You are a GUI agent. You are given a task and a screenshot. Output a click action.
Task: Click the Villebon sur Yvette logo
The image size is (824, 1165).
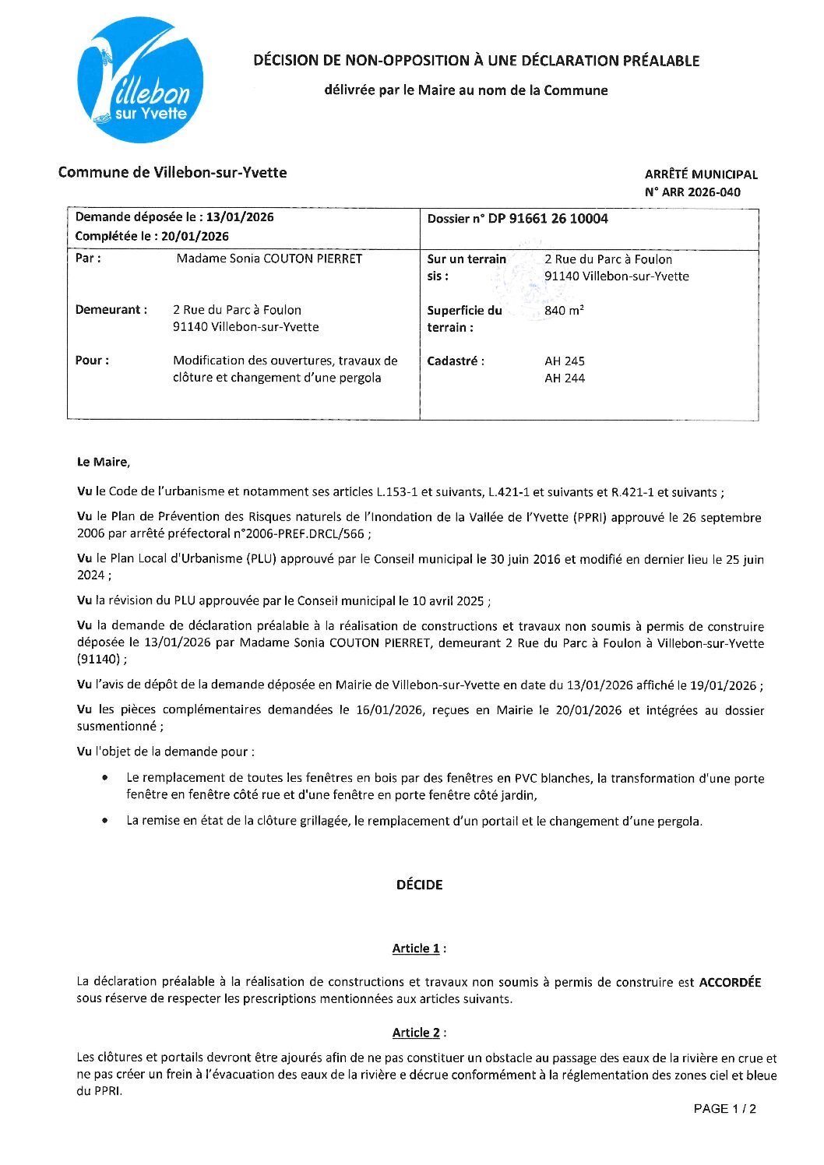click(x=140, y=81)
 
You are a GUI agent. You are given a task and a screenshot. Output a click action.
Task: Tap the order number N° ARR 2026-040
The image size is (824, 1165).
click(x=692, y=192)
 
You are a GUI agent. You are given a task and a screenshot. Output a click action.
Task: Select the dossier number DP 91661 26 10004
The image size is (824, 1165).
click(x=548, y=219)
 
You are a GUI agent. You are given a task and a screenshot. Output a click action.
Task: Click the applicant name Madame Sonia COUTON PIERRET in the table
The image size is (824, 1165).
click(x=269, y=259)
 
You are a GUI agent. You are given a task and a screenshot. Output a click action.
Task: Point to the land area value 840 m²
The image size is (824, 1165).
click(x=564, y=310)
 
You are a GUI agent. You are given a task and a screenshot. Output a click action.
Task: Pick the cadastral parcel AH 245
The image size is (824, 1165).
click(x=565, y=361)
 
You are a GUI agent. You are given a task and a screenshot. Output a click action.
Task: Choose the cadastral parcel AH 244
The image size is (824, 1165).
click(x=565, y=378)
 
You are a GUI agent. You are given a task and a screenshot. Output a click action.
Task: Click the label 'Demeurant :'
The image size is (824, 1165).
click(x=111, y=310)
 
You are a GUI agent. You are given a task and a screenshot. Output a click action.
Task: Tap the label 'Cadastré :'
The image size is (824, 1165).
click(x=456, y=361)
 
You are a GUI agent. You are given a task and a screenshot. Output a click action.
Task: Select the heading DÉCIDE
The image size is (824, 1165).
click(x=419, y=885)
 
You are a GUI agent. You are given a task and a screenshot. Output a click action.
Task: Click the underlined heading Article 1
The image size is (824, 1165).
click(x=416, y=949)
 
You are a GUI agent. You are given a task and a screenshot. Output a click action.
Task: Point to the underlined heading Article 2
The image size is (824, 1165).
click(x=416, y=1033)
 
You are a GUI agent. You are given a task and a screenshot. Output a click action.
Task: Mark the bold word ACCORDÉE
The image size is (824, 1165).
click(x=730, y=982)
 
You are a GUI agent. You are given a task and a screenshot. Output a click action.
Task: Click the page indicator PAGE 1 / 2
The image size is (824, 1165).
click(x=724, y=1109)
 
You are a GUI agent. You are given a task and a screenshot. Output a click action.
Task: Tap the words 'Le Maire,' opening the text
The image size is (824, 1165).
click(x=104, y=463)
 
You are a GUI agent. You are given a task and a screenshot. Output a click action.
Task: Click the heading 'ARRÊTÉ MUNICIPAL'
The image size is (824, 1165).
click(x=701, y=174)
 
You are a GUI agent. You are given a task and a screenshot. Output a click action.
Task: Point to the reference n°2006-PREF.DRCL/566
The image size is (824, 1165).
click(x=304, y=534)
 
